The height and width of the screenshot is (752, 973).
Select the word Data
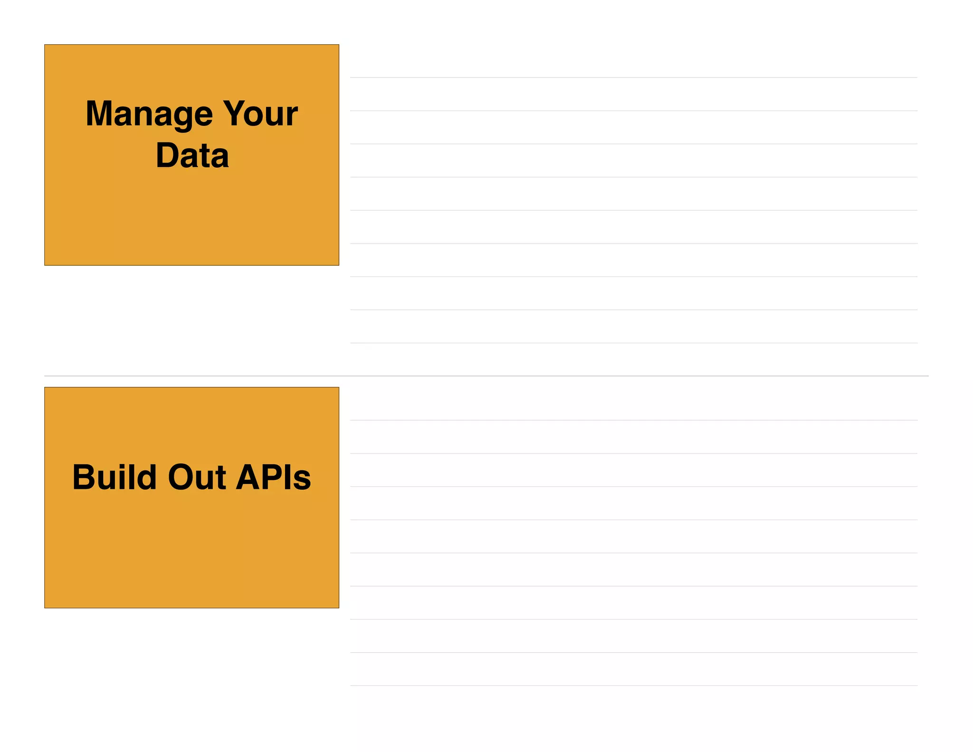coord(192,155)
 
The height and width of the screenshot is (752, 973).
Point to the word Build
coord(114,477)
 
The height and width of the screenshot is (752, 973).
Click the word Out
coord(197,477)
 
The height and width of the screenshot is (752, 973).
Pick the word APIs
coord(273,477)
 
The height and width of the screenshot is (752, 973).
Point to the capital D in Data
coord(167,155)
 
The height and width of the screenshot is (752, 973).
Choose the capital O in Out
coord(181,477)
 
